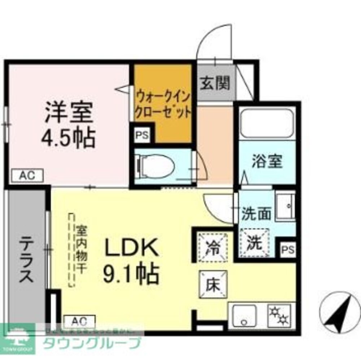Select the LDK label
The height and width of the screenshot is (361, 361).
click(131, 249)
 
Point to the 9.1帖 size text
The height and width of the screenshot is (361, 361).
click(131, 275)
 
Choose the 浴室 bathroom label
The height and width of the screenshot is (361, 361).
click(267, 162)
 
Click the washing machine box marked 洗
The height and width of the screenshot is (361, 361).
click(255, 244)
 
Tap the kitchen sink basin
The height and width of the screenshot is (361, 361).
click(244, 315)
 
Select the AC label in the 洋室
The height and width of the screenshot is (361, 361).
click(27, 176)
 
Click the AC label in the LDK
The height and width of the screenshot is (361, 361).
click(79, 321)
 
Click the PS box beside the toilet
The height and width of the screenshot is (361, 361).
click(142, 136)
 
